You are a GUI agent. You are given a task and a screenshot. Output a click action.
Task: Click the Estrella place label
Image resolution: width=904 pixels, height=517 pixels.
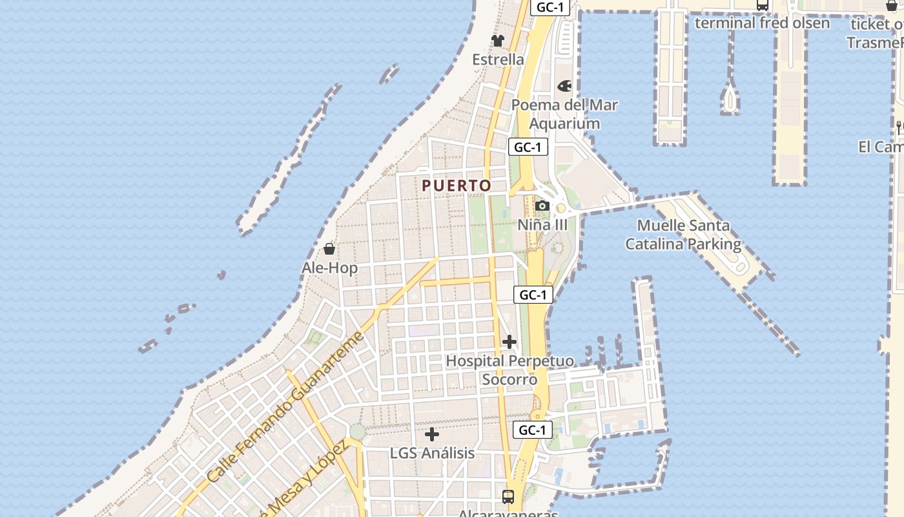click(x=498, y=59)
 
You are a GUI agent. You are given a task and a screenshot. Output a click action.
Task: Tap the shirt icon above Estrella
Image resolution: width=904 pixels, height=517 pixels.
click(x=497, y=40)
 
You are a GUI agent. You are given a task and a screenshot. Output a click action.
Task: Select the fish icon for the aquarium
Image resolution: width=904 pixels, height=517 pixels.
click(x=565, y=85)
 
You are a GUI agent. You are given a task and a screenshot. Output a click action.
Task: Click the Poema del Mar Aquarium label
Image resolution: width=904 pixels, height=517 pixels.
click(x=565, y=114)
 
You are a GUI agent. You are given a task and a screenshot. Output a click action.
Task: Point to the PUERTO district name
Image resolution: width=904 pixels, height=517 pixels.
click(x=457, y=185)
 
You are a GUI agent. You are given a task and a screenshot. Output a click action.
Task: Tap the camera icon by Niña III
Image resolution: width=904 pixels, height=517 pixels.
click(x=542, y=206)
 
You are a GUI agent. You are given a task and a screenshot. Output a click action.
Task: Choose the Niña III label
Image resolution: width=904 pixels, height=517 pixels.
click(x=542, y=225)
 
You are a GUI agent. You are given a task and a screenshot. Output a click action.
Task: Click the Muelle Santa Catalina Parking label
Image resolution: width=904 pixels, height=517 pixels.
click(x=683, y=235)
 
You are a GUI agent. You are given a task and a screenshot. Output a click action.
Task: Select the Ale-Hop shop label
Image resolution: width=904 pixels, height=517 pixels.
click(x=329, y=268)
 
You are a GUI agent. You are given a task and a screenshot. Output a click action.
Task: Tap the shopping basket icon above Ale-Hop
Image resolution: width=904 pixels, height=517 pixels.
click(x=329, y=249)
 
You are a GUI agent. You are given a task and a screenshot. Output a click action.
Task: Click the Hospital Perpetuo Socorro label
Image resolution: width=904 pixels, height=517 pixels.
click(x=509, y=370)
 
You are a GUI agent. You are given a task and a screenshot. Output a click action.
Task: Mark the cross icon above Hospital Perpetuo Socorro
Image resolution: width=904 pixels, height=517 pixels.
click(x=509, y=341)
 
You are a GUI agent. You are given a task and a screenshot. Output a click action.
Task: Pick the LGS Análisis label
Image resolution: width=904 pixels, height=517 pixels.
click(x=432, y=453)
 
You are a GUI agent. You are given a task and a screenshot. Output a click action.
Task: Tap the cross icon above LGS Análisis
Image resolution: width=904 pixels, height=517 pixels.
click(x=432, y=434)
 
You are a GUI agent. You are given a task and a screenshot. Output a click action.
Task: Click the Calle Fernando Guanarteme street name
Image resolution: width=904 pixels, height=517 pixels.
click(x=286, y=407)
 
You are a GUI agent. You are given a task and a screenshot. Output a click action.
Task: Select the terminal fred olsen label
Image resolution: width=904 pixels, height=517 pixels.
click(x=762, y=23)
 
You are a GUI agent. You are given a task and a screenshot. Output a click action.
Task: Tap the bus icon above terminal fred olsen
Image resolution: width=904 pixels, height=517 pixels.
click(x=763, y=5)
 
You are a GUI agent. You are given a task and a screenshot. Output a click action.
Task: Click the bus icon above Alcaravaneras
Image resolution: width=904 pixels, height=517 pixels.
click(x=508, y=496)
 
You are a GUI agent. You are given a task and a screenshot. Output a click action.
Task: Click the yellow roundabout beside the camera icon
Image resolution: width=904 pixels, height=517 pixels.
click(x=561, y=208)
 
